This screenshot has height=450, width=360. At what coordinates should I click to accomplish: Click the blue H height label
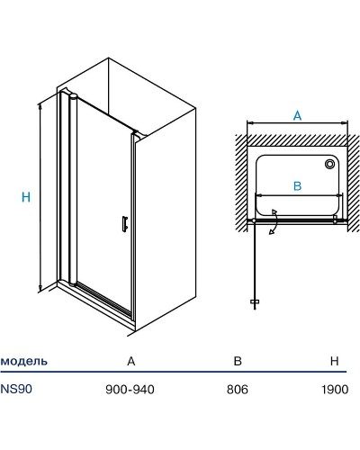coord(26,197)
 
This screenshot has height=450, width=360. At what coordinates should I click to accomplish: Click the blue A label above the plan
coord(297,115)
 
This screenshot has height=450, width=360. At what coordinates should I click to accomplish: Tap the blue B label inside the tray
coord(297,186)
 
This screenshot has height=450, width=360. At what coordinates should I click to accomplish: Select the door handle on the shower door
coord(125,224)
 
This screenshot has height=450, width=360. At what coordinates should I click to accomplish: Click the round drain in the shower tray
coord(329,164)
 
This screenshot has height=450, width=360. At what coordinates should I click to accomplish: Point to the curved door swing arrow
coord(274,221)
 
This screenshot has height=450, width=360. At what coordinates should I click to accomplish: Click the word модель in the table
coord(24,361)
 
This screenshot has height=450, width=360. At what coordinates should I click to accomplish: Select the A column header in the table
coord(131,361)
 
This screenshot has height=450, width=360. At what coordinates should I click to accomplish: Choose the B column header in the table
coord(238,361)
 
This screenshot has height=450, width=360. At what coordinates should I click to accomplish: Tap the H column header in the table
coord(334,361)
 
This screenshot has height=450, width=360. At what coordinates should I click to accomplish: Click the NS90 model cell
coord(16,389)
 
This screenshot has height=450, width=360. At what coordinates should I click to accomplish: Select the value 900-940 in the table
coord(130,390)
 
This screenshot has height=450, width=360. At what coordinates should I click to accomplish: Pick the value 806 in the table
coord(238,390)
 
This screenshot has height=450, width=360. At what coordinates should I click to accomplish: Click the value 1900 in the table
coord(335,390)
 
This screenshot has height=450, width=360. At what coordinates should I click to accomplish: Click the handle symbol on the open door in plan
coord(255,301)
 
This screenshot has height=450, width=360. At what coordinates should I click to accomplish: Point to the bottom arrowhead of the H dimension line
coord(40,288)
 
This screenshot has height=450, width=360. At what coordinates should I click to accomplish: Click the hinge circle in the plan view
coord(254,220)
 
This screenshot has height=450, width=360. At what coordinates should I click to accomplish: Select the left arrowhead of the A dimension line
coord(250,122)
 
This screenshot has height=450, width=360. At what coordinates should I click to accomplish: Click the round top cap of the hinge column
coord(73,96)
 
